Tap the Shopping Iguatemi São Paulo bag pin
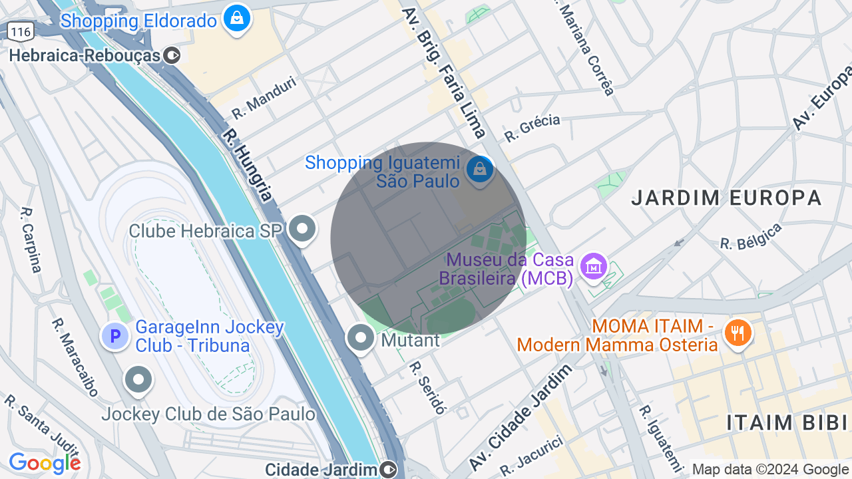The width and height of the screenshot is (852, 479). pyautogui.click(x=479, y=169)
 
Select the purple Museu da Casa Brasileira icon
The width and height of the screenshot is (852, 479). pyautogui.click(x=593, y=266)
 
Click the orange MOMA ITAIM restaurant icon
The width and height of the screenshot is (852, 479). pyautogui.click(x=737, y=331)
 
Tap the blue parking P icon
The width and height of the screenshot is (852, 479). pyautogui.click(x=114, y=336)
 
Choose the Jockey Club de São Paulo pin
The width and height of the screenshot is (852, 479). pyautogui.click(x=139, y=380)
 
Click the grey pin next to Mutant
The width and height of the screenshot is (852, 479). pyautogui.click(x=361, y=337)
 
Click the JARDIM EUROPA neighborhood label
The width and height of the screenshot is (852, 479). pyautogui.click(x=726, y=198)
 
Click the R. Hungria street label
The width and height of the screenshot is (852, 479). pyautogui.click(x=248, y=165)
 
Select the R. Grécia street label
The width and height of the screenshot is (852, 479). pyautogui.click(x=532, y=128)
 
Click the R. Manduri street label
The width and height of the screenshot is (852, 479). pyautogui.click(x=264, y=98)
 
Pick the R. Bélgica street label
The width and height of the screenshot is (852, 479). pyautogui.click(x=751, y=238)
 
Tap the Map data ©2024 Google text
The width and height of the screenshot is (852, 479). pyautogui.click(x=770, y=470)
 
